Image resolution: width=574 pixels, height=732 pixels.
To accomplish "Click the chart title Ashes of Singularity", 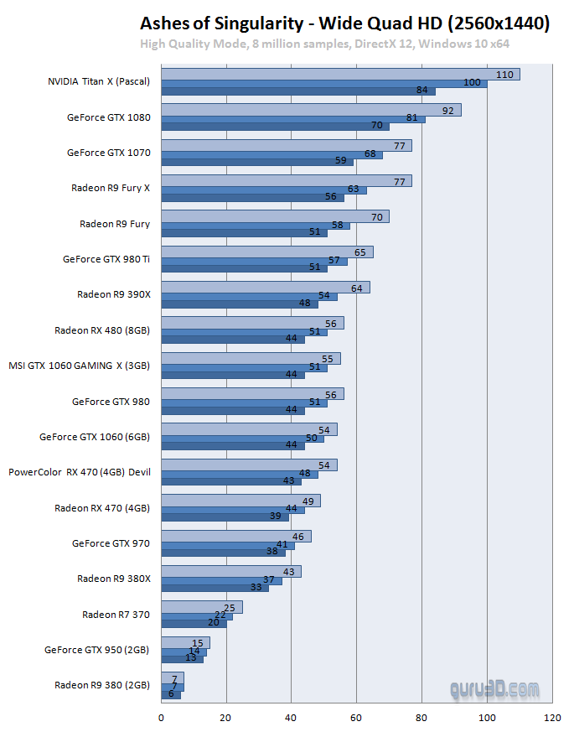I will coord(344,23).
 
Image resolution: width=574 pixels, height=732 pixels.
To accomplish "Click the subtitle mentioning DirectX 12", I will coord(324,44).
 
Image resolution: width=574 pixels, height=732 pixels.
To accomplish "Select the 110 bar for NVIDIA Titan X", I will coord(340,74).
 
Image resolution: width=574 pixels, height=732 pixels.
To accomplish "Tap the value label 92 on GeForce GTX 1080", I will coord(447,110).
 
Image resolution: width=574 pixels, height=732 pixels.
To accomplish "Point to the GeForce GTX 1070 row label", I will coord(108,153).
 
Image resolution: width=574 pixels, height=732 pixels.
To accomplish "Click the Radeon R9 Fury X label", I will coord(111,188).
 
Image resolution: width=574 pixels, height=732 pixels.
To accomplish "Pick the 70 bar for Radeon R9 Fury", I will coord(275,216).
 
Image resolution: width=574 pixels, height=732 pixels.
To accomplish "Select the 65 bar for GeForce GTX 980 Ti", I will coord(266,252).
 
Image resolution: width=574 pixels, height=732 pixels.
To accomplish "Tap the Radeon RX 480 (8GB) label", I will coord(102,330).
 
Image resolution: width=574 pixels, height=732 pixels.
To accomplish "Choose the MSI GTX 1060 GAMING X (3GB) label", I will coord(80,366).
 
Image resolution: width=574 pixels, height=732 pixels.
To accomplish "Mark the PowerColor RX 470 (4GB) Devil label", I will coord(80,472).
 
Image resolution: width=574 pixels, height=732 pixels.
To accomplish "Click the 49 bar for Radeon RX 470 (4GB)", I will coord(240,501).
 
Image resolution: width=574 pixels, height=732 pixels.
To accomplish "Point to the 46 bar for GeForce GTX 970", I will coord(235,536).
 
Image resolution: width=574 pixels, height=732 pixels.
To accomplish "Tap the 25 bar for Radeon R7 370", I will coord(201,607).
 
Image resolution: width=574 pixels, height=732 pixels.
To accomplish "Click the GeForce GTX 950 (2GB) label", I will coord(97,649).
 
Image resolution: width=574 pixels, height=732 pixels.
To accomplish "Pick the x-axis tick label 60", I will coord(356,718).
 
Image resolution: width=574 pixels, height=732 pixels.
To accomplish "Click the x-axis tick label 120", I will coord(551,718).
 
